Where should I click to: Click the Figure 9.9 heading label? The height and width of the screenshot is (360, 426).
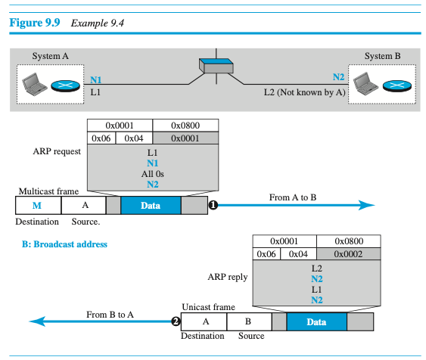point(35,23)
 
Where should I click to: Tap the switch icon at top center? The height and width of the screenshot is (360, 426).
point(216,66)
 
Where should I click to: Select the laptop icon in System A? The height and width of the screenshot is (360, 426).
point(35,84)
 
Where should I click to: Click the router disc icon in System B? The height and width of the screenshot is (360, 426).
point(397,85)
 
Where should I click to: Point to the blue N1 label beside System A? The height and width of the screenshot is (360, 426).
point(95,80)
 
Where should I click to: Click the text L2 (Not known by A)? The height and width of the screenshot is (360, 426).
point(305,92)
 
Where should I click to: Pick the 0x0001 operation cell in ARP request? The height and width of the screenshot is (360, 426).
point(185,138)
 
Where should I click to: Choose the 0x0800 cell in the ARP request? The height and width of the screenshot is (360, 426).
point(185,126)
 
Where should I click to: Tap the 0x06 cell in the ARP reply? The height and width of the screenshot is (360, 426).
point(266,254)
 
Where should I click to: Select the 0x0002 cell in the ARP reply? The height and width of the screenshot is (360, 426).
point(348,254)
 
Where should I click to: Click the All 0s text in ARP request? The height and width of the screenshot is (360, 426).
point(152,174)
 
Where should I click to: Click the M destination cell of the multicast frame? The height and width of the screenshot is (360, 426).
point(39,205)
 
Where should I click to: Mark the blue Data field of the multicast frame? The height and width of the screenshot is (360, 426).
point(151,205)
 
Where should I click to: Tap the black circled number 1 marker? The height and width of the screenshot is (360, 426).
point(213,205)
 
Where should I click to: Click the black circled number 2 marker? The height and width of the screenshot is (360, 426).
point(176,321)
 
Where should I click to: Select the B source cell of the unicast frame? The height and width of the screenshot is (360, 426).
point(249,321)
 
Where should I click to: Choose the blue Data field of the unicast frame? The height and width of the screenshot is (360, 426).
point(316,321)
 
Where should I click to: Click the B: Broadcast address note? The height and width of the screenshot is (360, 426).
point(64,244)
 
